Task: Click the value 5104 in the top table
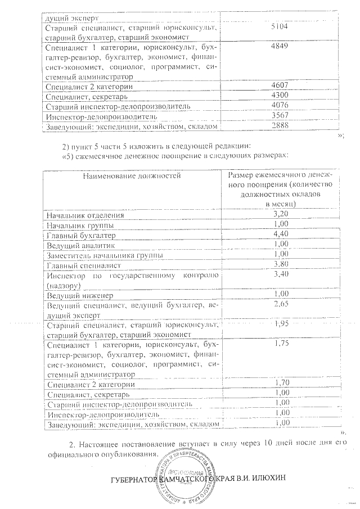tap(280, 26)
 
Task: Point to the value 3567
tap(280, 116)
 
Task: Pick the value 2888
tap(280, 125)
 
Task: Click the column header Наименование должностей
tap(132, 176)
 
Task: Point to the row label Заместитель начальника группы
tap(105, 255)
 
